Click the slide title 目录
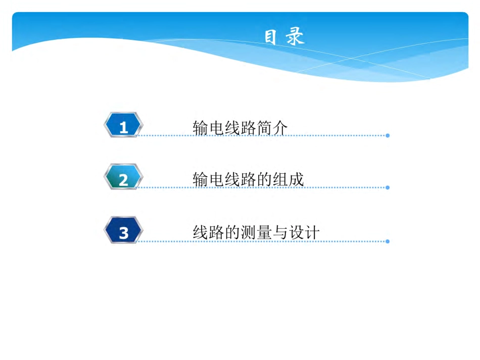(284, 37)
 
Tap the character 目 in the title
(271, 37)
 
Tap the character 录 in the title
(296, 37)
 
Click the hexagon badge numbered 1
(123, 126)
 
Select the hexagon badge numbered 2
(123, 178)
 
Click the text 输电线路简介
(240, 128)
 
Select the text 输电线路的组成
(248, 179)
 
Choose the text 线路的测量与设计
(256, 232)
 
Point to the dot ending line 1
(388, 136)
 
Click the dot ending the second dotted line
(388, 187)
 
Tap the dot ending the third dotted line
(388, 241)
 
